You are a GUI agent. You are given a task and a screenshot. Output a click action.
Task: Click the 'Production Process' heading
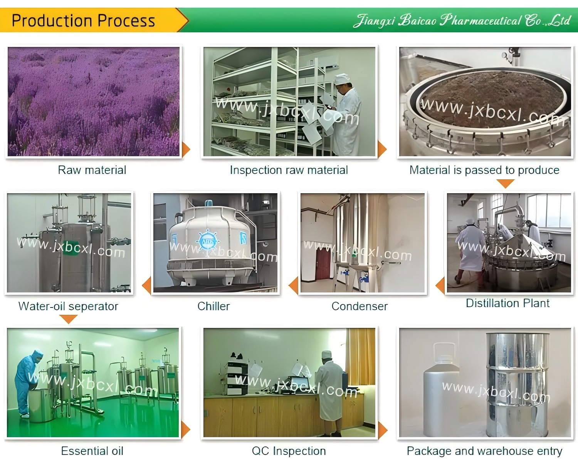point(83,21)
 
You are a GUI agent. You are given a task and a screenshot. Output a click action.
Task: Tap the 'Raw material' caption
point(92,170)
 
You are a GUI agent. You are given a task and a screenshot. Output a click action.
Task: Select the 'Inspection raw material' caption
point(289,170)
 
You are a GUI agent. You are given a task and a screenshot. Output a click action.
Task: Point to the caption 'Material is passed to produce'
point(484,170)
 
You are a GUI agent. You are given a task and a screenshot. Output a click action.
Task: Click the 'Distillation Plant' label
point(507,303)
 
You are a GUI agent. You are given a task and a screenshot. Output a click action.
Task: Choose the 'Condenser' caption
point(360,306)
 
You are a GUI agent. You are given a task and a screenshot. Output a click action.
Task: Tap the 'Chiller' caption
point(213,306)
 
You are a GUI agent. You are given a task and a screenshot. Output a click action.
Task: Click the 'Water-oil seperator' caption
point(68,306)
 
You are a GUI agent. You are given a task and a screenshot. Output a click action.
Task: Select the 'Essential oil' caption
point(92,451)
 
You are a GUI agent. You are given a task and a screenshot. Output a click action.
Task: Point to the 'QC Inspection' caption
point(289,451)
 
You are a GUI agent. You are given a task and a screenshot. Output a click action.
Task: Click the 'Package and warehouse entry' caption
point(484,451)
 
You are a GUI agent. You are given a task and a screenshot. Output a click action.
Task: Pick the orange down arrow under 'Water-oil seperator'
point(68,319)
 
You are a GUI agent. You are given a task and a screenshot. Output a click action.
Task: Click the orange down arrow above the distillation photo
point(506,184)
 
